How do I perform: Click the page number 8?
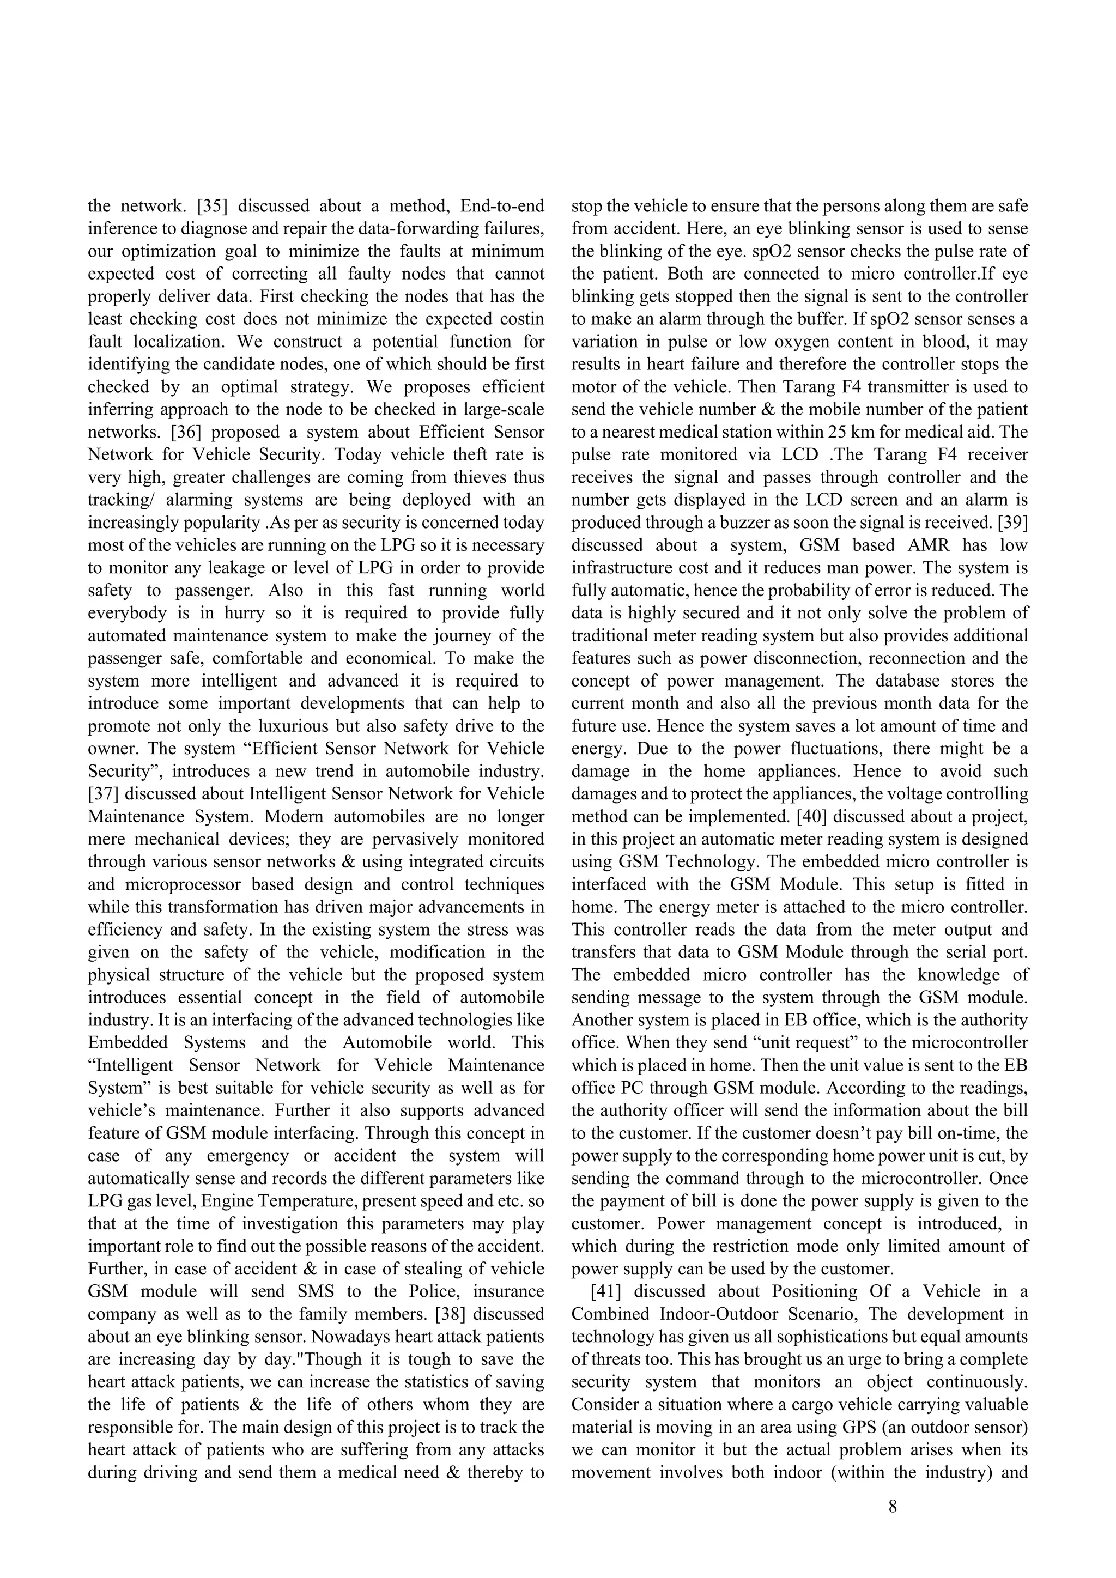coord(893,1506)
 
